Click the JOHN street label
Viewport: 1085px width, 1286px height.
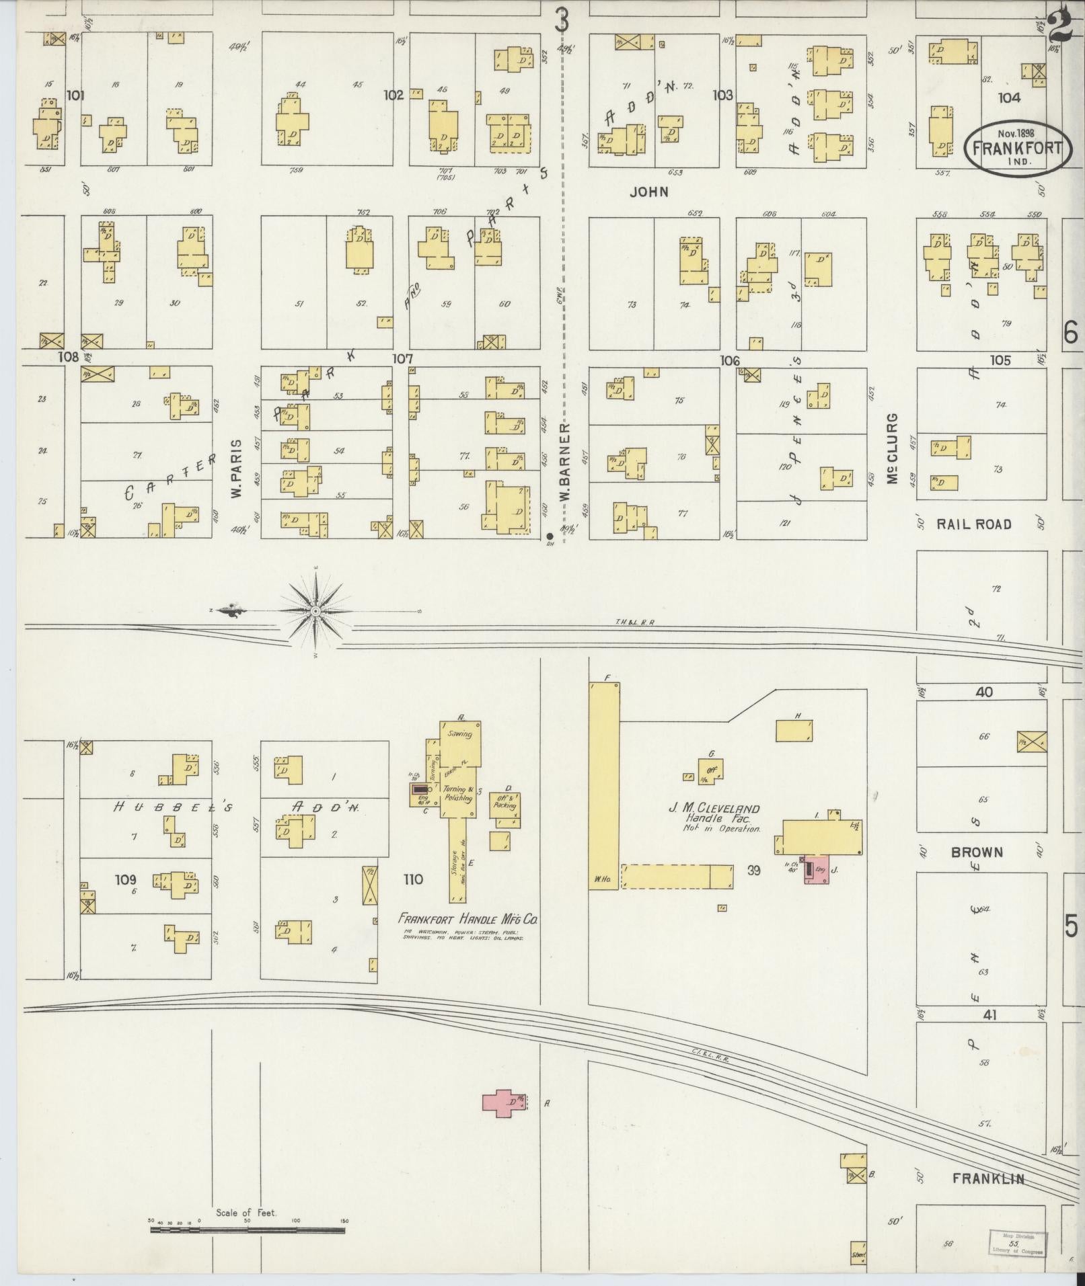(649, 192)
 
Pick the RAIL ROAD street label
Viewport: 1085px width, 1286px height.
(974, 524)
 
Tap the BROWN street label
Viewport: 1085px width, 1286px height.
(977, 852)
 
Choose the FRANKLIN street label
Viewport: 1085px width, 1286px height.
(988, 1178)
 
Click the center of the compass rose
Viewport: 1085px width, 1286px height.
(315, 610)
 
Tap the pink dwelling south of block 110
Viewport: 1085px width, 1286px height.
(504, 1103)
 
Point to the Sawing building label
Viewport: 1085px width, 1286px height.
(461, 734)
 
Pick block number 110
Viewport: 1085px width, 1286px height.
(413, 879)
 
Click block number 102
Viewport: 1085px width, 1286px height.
(394, 95)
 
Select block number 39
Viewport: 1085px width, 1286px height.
(753, 870)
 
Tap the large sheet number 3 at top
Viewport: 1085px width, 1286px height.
(562, 20)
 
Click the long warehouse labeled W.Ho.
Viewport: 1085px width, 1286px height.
(603, 787)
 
